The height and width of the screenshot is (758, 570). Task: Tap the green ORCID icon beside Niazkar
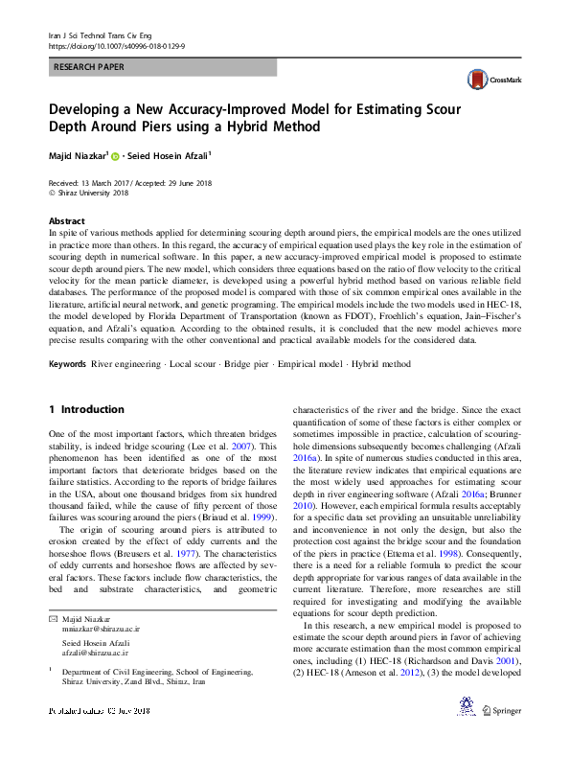point(116,155)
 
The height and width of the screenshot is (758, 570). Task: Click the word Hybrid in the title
point(263,126)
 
